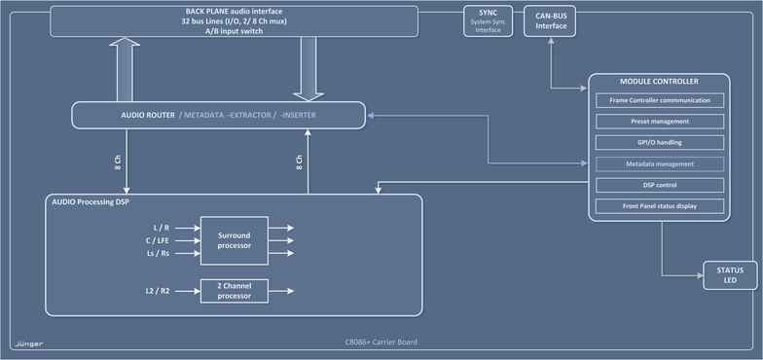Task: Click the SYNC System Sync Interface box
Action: (x=488, y=22)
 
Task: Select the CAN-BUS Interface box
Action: (x=551, y=22)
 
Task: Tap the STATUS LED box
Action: (x=730, y=275)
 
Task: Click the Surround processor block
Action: (x=235, y=239)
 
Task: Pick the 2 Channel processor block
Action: (x=235, y=290)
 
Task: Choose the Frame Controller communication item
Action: (x=660, y=100)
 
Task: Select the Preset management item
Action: (x=660, y=122)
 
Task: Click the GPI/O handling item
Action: (x=660, y=142)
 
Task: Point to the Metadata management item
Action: (x=660, y=163)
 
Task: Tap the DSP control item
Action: (x=660, y=185)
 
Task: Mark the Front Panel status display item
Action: (x=660, y=206)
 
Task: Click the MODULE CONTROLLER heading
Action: (x=659, y=81)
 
